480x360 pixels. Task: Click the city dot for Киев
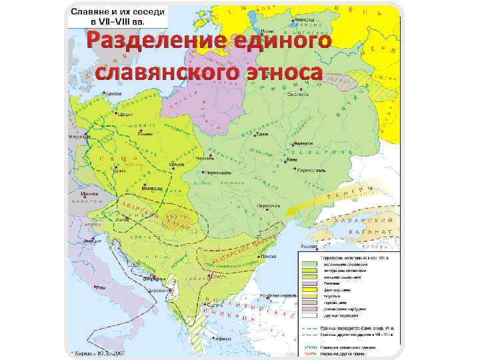[287, 161]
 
